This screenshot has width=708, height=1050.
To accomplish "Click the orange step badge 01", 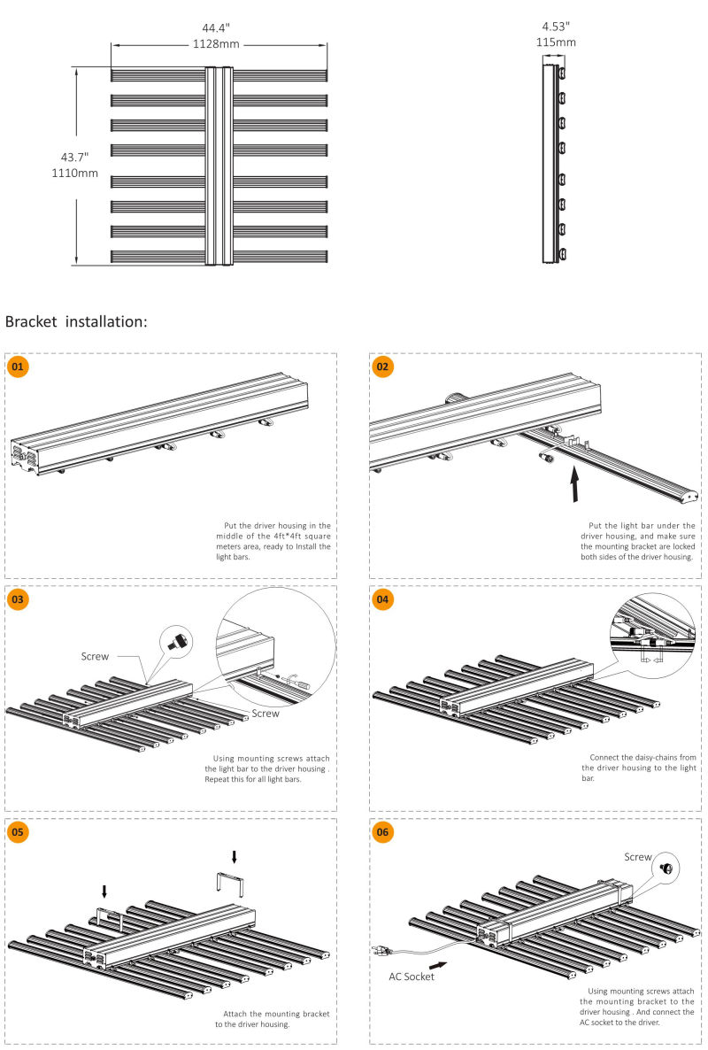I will [18, 366].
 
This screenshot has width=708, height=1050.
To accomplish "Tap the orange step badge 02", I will [382, 366].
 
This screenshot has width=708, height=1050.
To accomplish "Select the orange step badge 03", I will [18, 599].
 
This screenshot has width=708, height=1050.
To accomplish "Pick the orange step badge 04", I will [382, 599].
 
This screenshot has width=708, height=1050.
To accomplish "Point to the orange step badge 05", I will [18, 832].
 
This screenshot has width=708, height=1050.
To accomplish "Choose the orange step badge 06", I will [382, 832].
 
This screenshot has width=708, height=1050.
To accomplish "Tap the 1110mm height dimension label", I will [74, 173].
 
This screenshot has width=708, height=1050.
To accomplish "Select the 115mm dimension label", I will [556, 42].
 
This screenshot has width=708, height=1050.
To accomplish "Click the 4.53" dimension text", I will [556, 26].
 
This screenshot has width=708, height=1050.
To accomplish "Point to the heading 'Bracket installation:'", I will [76, 321].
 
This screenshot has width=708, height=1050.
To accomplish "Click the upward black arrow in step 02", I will [575, 484].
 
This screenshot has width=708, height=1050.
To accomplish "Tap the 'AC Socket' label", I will [412, 977].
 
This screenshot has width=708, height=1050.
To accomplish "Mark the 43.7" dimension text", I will [74, 156].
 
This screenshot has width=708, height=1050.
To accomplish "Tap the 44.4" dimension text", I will [216, 27].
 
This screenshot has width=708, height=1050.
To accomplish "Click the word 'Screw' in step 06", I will [637, 857].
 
